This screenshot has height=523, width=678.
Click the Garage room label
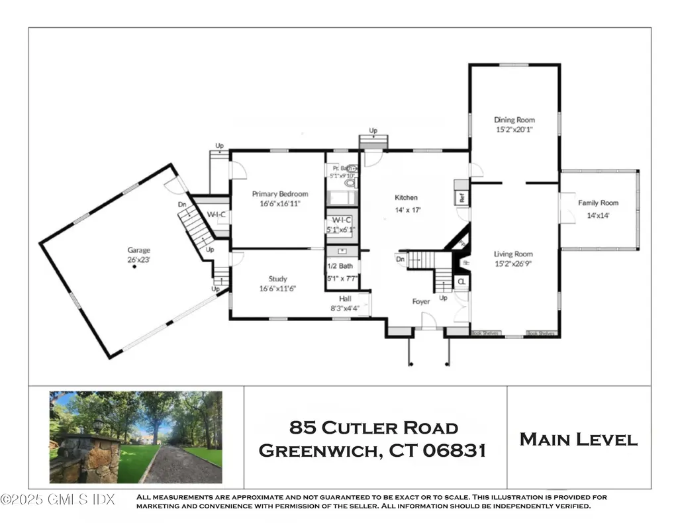pyautogui.click(x=139, y=250)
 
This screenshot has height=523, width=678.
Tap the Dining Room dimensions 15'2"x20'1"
pyautogui.click(x=514, y=130)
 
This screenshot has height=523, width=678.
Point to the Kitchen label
pyautogui.click(x=406, y=197)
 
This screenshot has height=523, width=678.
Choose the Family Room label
pyautogui.click(x=598, y=203)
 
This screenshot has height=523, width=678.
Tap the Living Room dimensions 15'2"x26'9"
pyautogui.click(x=513, y=263)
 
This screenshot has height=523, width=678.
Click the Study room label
pyautogui.click(x=277, y=279)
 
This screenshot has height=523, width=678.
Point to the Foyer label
pyautogui.click(x=421, y=301)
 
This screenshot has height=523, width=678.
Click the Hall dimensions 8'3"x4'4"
pyautogui.click(x=345, y=308)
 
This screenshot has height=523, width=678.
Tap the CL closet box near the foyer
pyautogui.click(x=461, y=281)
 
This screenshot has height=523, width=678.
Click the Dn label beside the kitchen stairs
pyautogui.click(x=400, y=259)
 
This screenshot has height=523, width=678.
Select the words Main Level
pyautogui.click(x=579, y=439)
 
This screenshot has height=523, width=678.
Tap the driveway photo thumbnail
pyautogui.click(x=136, y=437)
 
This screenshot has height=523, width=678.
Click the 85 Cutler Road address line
pyautogui.click(x=375, y=428)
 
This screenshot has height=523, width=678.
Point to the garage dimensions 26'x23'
pyautogui.click(x=139, y=260)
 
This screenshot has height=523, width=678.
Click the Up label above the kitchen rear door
pyautogui.click(x=373, y=130)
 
